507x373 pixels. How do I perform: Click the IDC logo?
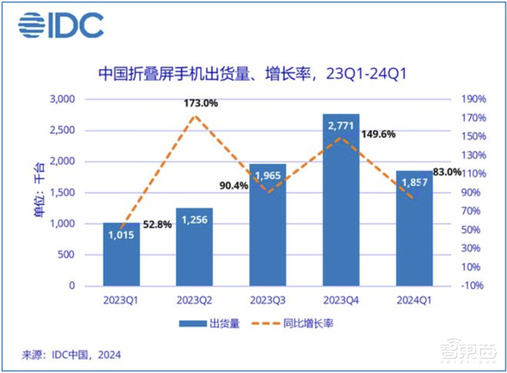pyautogui.click(x=61, y=25)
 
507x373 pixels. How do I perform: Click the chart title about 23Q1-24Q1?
pyautogui.click(x=252, y=74)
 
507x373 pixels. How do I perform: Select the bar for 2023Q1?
pyautogui.click(x=121, y=254)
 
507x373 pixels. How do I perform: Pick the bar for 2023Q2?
pyautogui.click(x=195, y=249)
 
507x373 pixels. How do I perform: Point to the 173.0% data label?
pyautogui.click(x=201, y=104)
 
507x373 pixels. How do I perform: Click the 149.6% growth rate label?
pyautogui.click(x=378, y=134)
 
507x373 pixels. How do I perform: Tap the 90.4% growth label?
pyautogui.click(x=233, y=186)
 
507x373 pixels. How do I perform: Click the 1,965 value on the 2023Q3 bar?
pyautogui.click(x=268, y=176)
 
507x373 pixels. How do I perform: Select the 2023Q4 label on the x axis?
pyautogui.click(x=341, y=300)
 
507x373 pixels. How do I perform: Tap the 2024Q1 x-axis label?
pyautogui.click(x=414, y=300)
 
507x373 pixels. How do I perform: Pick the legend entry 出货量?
pyautogui.click(x=208, y=323)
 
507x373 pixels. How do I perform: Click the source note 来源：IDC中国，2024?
pyautogui.click(x=71, y=354)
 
